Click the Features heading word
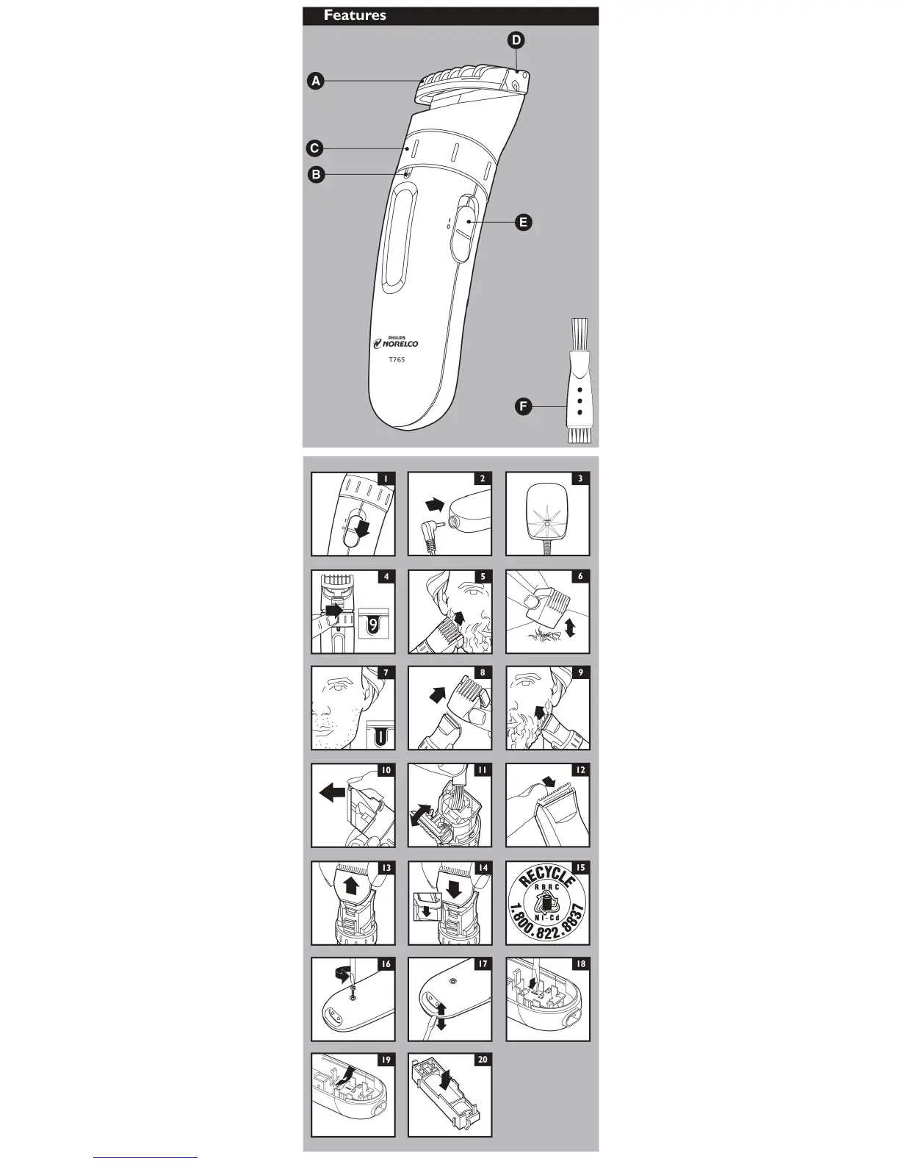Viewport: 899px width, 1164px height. pyautogui.click(x=355, y=15)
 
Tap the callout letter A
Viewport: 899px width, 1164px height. pyautogui.click(x=315, y=82)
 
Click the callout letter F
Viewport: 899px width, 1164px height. pyautogui.click(x=522, y=406)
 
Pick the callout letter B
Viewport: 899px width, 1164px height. pyautogui.click(x=316, y=175)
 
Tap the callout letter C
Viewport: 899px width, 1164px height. pyautogui.click(x=314, y=148)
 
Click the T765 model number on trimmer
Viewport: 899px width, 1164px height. pyautogui.click(x=397, y=359)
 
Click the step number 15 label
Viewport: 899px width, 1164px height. pyautogui.click(x=580, y=868)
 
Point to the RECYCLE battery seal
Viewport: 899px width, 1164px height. pyautogui.click(x=547, y=904)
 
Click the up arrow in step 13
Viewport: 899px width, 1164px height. pyautogui.click(x=352, y=885)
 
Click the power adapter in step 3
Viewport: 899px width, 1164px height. pyautogui.click(x=545, y=511)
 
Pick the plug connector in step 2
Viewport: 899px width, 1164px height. pyautogui.click(x=428, y=528)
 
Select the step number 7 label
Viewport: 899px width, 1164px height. pyautogui.click(x=385, y=672)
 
